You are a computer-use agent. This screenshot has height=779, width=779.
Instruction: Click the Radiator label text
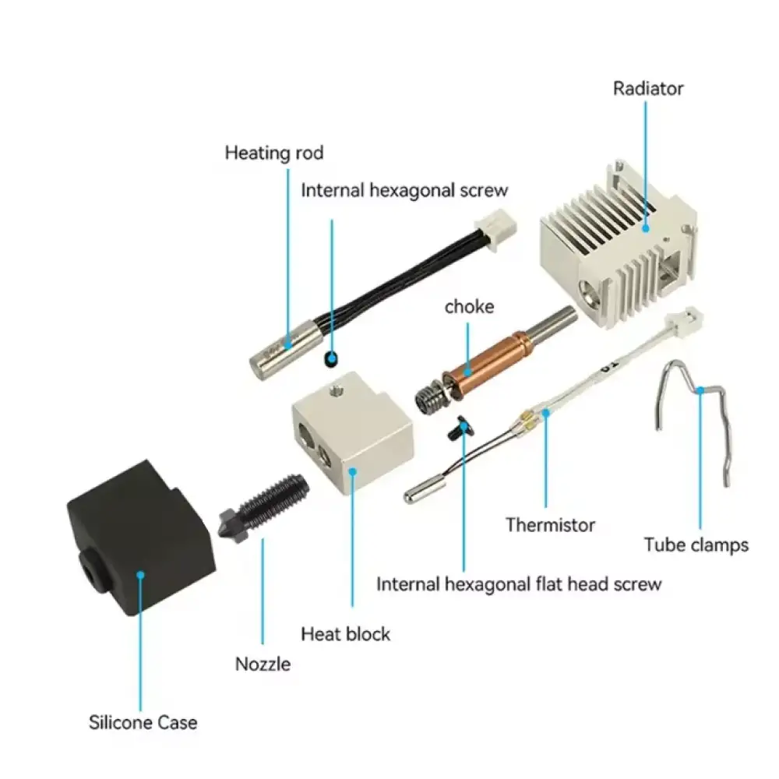pyautogui.click(x=648, y=89)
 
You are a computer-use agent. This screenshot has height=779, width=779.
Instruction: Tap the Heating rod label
pyautogui.click(x=273, y=153)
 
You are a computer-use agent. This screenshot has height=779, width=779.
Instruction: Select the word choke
pyautogui.click(x=469, y=306)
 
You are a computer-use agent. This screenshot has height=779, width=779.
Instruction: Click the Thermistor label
pyautogui.click(x=550, y=524)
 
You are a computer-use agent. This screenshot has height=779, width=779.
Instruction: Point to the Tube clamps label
pyautogui.click(x=696, y=545)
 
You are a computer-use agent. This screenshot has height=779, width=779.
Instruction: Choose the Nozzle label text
pyautogui.click(x=263, y=664)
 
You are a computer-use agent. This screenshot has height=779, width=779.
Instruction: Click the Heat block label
pyautogui.click(x=345, y=634)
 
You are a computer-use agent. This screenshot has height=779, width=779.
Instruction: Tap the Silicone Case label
pyautogui.click(x=143, y=722)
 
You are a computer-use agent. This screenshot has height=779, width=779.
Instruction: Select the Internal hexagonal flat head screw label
pyautogui.click(x=519, y=584)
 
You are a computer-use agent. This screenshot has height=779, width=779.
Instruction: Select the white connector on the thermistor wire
pyautogui.click(x=686, y=320)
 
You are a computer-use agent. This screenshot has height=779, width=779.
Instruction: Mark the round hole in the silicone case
pyautogui.click(x=91, y=570)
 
